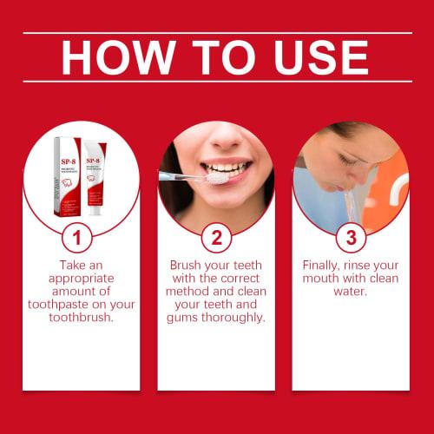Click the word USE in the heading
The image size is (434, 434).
[x=317, y=57]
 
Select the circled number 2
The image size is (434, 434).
[x=216, y=238]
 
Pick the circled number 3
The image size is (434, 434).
[x=351, y=238]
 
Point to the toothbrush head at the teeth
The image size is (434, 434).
[x=213, y=178]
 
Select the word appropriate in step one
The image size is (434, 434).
[x=81, y=279]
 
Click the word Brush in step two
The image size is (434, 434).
[x=187, y=265]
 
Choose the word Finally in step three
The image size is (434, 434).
[x=325, y=265]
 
